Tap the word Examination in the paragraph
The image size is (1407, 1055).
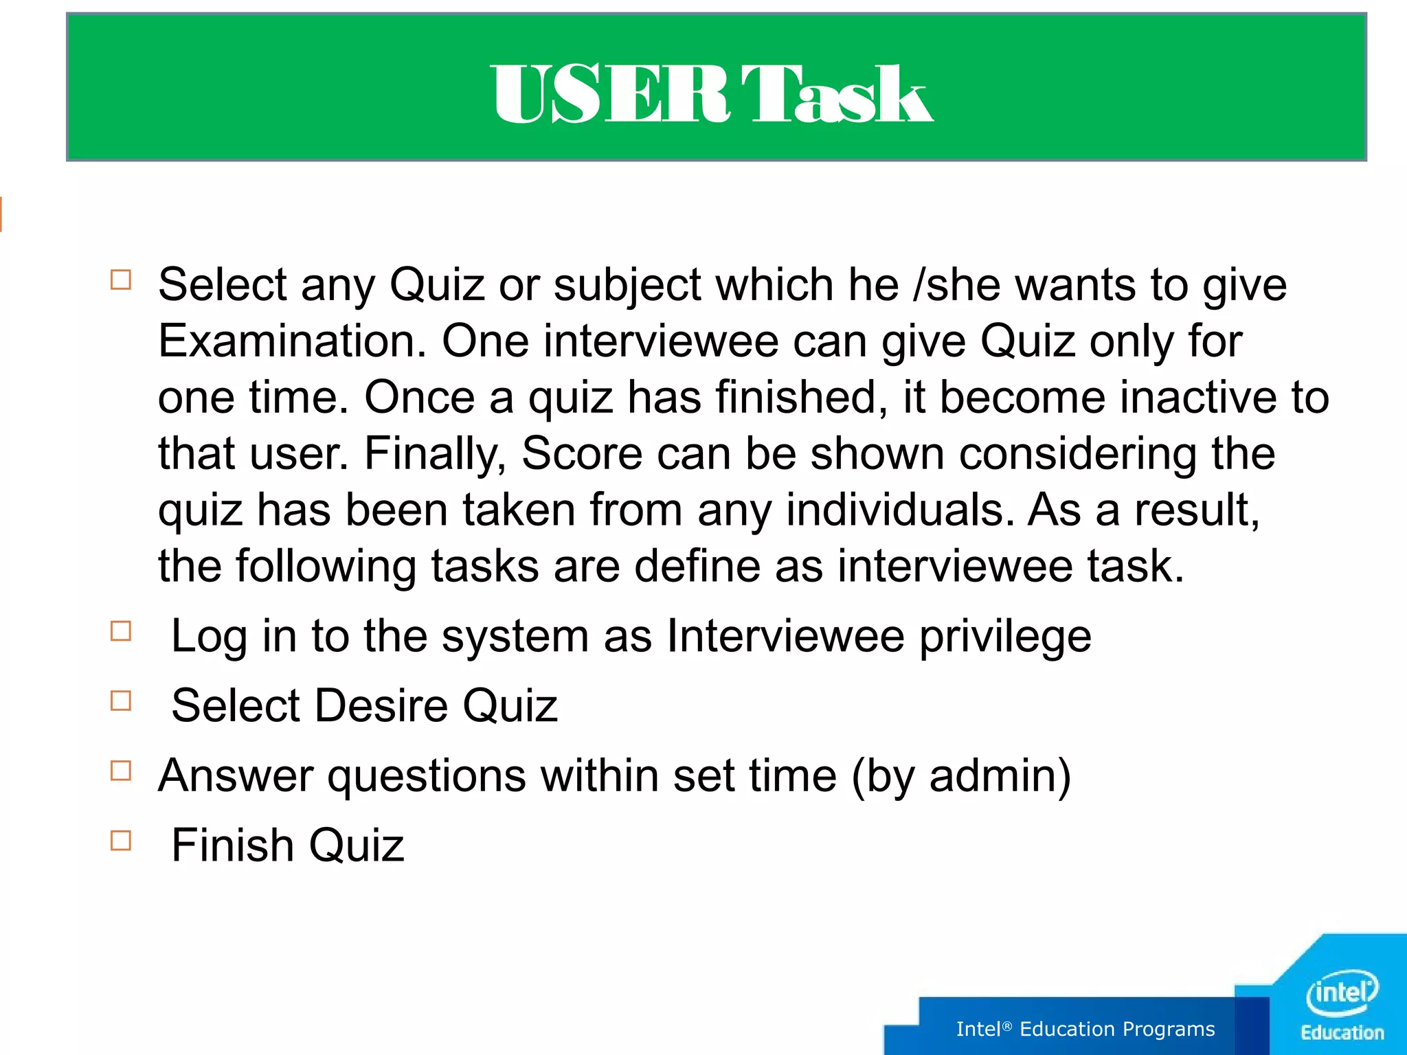point(292,341)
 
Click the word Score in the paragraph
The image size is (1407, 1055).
point(581,453)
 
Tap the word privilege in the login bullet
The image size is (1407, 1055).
point(1005,637)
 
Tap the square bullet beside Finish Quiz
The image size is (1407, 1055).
point(121,841)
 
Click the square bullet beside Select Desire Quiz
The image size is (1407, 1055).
point(121,701)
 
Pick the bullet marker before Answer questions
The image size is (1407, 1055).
point(121,771)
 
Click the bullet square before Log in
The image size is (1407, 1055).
point(121,631)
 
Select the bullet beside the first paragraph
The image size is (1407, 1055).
point(121,280)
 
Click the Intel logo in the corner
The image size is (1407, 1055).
point(1341,992)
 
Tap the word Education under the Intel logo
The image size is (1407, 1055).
point(1342,1033)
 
